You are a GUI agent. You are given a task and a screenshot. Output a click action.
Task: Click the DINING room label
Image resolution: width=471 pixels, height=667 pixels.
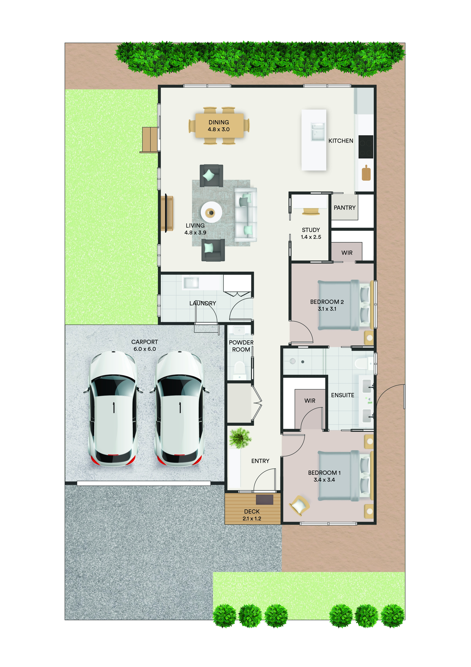pyautogui.click(x=219, y=122)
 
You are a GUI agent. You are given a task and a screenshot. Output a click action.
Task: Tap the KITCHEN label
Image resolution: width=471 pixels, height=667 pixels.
pyautogui.click(x=341, y=141)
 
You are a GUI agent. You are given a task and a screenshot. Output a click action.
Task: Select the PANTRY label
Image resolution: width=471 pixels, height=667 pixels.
pyautogui.click(x=345, y=208)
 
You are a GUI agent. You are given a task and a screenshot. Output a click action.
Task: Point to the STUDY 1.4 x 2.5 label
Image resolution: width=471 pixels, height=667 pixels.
pyautogui.click(x=311, y=233)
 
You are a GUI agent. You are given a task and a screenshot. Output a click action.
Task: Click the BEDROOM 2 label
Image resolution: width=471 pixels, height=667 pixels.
pyautogui.click(x=327, y=302)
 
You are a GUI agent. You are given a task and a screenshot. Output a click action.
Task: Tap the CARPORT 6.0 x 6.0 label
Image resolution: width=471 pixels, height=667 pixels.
pyautogui.click(x=145, y=345)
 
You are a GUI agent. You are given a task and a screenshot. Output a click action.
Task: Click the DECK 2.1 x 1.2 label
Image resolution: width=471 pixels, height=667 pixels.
pyautogui.click(x=252, y=515)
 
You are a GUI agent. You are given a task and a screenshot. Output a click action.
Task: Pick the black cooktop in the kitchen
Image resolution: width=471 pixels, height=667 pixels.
pyautogui.click(x=366, y=147)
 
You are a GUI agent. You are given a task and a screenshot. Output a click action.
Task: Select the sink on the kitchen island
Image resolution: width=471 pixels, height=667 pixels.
pyautogui.click(x=318, y=132)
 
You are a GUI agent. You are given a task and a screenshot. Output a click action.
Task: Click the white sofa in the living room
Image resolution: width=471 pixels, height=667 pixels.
pyautogui.click(x=246, y=215)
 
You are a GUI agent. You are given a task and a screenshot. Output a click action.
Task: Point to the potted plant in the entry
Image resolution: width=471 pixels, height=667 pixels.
pyautogui.click(x=240, y=438)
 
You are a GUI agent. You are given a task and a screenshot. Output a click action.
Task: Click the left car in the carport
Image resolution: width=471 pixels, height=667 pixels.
pyautogui.click(x=113, y=408)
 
